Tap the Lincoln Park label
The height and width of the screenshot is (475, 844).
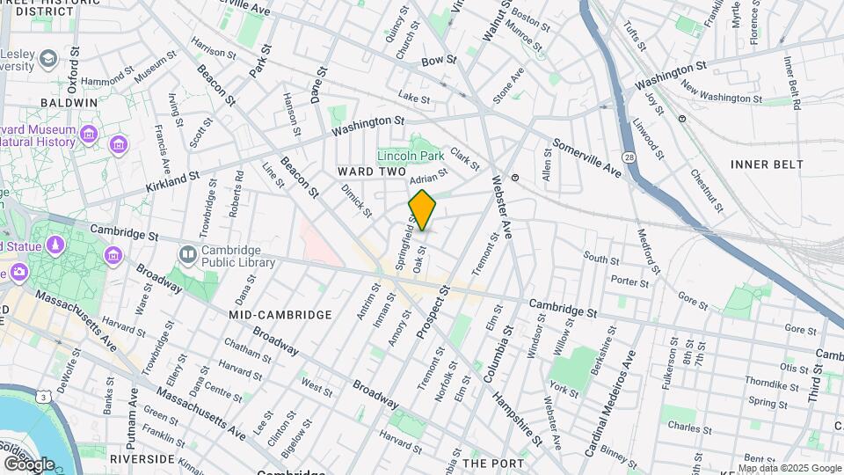(x=411, y=156)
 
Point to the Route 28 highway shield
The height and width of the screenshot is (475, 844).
(x=629, y=157)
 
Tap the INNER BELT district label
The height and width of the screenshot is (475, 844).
(x=767, y=164)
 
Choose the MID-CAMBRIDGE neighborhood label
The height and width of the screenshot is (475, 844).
(x=280, y=314)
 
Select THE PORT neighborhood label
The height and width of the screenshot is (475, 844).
(x=493, y=463)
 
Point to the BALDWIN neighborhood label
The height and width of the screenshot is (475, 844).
(x=74, y=103)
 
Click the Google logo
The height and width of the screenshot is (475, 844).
(x=28, y=463)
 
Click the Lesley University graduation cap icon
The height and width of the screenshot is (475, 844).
(x=49, y=59)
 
